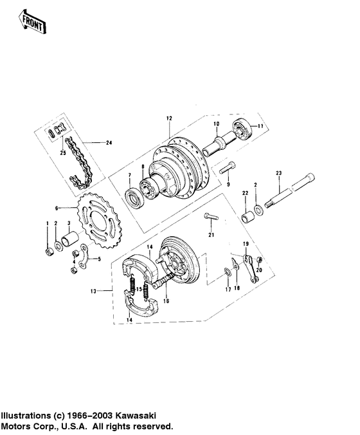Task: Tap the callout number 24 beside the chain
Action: tap(108, 142)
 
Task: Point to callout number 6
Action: tap(57, 208)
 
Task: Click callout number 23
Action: tap(279, 173)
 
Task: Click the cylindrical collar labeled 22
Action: tap(246, 214)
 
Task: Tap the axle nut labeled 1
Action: tap(47, 249)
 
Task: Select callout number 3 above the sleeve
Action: tap(69, 223)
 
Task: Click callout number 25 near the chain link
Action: tap(63, 152)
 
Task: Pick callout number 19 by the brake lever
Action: tap(245, 244)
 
